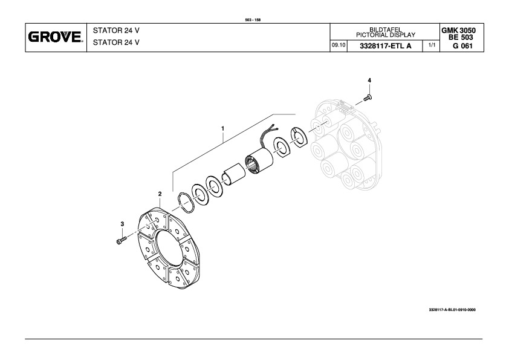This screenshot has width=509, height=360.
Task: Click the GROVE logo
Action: (x=56, y=37)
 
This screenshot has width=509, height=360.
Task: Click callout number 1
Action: (x=222, y=129)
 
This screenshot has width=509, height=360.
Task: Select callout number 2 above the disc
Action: (x=160, y=194)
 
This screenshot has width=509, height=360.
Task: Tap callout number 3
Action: (x=122, y=224)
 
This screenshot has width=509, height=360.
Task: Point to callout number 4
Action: (x=369, y=80)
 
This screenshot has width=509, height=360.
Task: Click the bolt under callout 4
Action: (x=368, y=97)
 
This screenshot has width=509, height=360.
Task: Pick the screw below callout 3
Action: (x=120, y=241)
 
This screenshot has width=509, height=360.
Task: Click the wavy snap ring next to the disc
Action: (x=186, y=203)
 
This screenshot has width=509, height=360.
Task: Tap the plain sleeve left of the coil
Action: (x=233, y=175)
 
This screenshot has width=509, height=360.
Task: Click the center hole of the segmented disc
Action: (x=169, y=247)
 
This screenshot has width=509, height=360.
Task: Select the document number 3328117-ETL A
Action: (x=385, y=46)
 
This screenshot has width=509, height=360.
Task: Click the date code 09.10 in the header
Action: (x=338, y=45)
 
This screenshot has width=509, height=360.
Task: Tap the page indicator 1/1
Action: (x=432, y=45)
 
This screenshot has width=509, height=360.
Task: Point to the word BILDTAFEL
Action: (x=385, y=30)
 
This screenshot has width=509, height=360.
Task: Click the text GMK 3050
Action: (x=458, y=30)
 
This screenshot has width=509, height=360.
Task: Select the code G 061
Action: (x=462, y=46)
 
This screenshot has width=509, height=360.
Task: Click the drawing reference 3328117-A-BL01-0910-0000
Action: (x=452, y=310)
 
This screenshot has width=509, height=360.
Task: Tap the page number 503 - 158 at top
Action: (x=253, y=20)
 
